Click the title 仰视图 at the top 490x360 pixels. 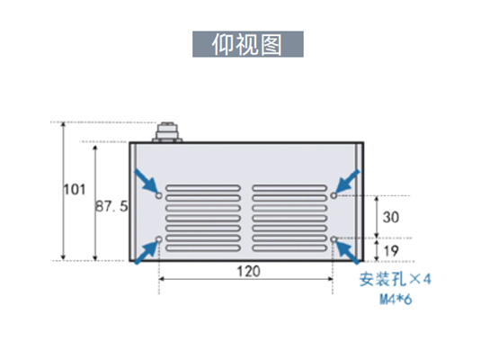point(247,44)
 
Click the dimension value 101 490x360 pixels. point(75,190)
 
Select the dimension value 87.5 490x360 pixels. point(111,206)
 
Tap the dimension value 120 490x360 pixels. point(248,272)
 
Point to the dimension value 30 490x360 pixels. point(391,218)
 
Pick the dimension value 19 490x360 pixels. point(391,251)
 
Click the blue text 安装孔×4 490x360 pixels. point(395,279)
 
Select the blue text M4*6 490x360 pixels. point(396,300)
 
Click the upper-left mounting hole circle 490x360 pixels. point(159,196)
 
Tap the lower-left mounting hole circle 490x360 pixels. point(159,239)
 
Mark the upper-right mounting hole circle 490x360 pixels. point(334,195)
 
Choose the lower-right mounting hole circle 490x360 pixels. point(334,239)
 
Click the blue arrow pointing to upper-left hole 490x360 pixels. point(146,182)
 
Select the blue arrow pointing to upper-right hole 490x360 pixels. point(348,182)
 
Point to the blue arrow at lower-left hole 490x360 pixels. point(146,253)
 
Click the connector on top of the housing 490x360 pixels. point(167,132)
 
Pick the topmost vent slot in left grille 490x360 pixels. point(203,188)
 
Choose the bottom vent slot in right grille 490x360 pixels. point(290,248)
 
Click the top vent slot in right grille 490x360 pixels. point(290,188)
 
